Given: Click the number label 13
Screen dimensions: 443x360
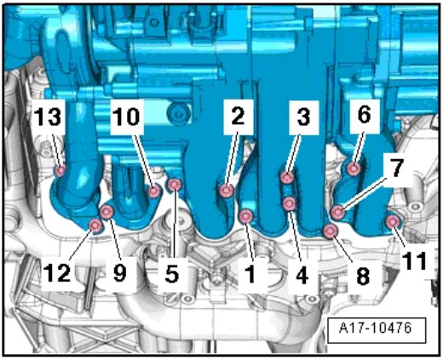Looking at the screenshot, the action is (48, 117).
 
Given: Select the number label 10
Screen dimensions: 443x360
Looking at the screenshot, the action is (126, 117).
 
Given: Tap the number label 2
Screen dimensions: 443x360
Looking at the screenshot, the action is (238, 117).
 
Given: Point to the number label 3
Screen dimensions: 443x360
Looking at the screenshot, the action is (303, 117).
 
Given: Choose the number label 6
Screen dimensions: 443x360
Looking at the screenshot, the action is (365, 115).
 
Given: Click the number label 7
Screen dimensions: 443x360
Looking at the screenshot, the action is (397, 168).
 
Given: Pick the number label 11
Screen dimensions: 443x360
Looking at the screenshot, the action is (415, 260).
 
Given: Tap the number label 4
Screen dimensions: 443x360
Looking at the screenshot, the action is (302, 275).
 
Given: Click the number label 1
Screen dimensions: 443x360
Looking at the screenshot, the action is (250, 274).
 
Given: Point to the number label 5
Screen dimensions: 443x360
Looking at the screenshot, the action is (172, 274).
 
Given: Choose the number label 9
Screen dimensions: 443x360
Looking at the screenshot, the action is (119, 273).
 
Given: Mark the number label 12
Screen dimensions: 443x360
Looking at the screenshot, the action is (57, 273).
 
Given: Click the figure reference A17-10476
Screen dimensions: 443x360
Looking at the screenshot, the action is (376, 328).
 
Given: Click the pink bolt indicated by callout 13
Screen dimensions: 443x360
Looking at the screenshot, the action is (60, 171).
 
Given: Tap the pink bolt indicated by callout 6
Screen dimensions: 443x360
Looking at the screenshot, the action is (354, 169).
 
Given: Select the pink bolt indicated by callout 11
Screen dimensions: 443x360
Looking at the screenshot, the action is (393, 221).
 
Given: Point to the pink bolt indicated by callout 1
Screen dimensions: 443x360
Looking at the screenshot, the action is (246, 217).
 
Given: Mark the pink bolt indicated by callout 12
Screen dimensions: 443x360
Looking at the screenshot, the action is (95, 226).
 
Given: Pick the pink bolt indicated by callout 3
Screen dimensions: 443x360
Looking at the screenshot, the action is (287, 178).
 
